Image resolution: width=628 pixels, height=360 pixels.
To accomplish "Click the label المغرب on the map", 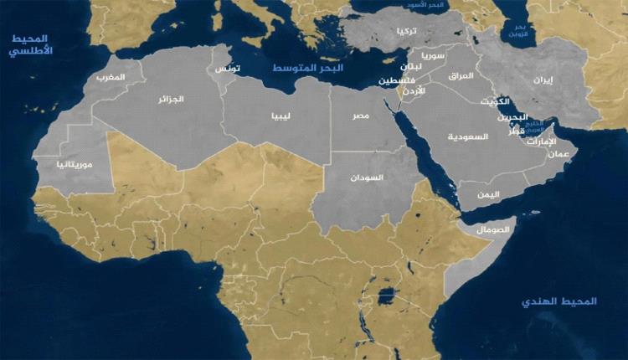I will pyautogui.click(x=111, y=78).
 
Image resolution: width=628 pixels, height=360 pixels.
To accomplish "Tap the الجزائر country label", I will pyautogui.click(x=171, y=99).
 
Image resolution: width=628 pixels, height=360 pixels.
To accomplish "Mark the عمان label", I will pyautogui.click(x=559, y=154).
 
